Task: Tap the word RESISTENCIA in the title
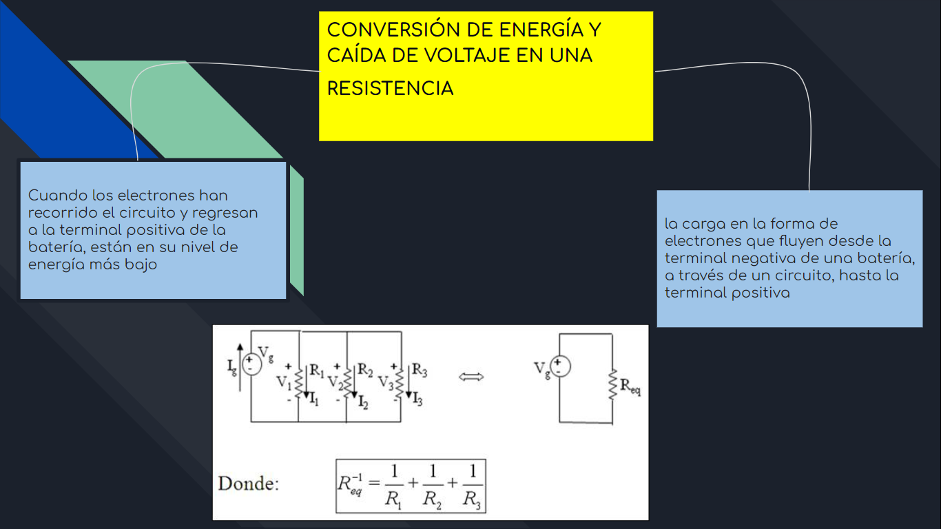[x=390, y=89]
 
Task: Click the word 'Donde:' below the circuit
[x=249, y=484]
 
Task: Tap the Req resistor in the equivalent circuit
[x=612, y=386]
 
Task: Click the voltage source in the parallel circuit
[x=251, y=363]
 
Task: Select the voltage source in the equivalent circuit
[x=559, y=366]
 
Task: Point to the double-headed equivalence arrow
[x=472, y=377]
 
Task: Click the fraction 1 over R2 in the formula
[x=432, y=486]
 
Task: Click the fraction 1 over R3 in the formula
[x=472, y=486]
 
